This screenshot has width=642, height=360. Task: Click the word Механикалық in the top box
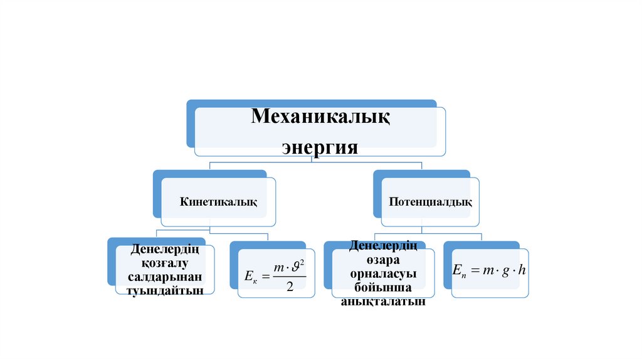(320, 118)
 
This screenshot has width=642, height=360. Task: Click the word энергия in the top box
(320, 148)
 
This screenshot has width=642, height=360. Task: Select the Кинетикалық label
(219, 202)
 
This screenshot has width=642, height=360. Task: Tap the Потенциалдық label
(430, 202)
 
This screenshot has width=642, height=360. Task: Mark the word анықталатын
(383, 302)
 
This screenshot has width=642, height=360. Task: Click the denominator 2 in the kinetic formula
(290, 286)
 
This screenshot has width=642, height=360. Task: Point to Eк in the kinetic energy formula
(250, 276)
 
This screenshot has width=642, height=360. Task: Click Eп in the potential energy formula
(458, 270)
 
